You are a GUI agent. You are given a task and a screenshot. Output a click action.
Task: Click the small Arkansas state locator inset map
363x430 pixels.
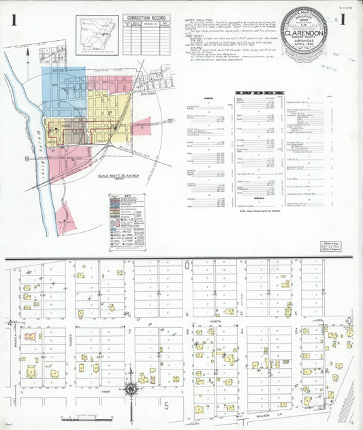pyautogui.click(x=97, y=32)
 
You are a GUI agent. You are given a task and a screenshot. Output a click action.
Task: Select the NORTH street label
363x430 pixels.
pyautogui.click(x=217, y=322)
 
